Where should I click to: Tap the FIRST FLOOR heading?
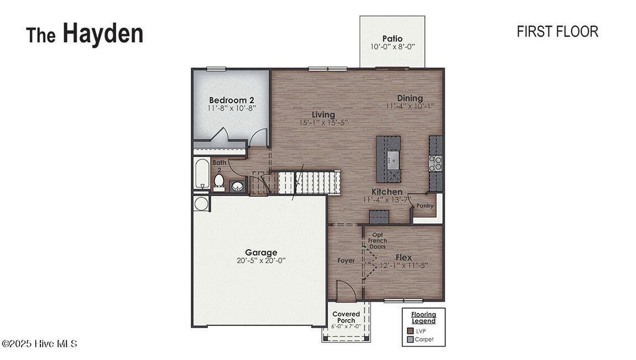[x=557, y=32]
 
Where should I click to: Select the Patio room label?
[x=392, y=38]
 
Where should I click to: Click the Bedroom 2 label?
[x=231, y=100]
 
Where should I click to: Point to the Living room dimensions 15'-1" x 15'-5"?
[x=324, y=123]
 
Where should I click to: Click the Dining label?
[x=410, y=98]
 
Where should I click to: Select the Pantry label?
[x=425, y=205]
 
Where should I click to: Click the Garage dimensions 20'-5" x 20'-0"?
[x=261, y=261]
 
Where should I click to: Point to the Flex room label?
[x=404, y=257]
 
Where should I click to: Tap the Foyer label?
[x=346, y=261]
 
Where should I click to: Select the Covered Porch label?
[x=346, y=318]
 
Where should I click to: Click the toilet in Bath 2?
[x=219, y=181]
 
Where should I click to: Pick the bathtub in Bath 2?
[x=201, y=174]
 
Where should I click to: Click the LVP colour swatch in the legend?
[x=410, y=331]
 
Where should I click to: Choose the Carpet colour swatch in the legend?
[x=410, y=340]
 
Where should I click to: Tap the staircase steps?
[x=309, y=182]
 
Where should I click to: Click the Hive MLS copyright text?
[x=39, y=343]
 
